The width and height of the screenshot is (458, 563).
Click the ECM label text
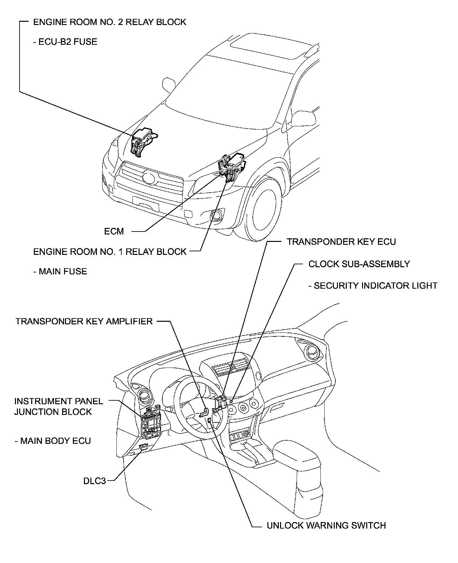click(x=114, y=231)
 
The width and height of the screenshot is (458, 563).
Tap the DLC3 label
click(x=95, y=481)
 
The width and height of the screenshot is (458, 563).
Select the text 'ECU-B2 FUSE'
click(x=68, y=42)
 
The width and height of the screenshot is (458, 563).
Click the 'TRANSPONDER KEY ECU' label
click(x=341, y=242)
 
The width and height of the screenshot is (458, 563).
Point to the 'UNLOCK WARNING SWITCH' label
click(x=326, y=526)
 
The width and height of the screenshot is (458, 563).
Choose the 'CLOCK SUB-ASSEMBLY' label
click(x=359, y=264)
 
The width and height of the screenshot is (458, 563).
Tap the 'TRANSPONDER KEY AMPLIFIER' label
click(x=84, y=321)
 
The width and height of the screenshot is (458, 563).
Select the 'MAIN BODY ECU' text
click(x=55, y=441)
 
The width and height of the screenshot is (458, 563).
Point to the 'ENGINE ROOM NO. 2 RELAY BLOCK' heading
click(x=110, y=22)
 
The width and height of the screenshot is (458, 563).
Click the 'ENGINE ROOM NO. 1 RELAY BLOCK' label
click(x=110, y=252)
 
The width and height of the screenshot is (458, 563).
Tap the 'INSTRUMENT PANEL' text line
click(x=59, y=401)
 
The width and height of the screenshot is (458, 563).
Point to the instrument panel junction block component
click(x=152, y=423)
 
